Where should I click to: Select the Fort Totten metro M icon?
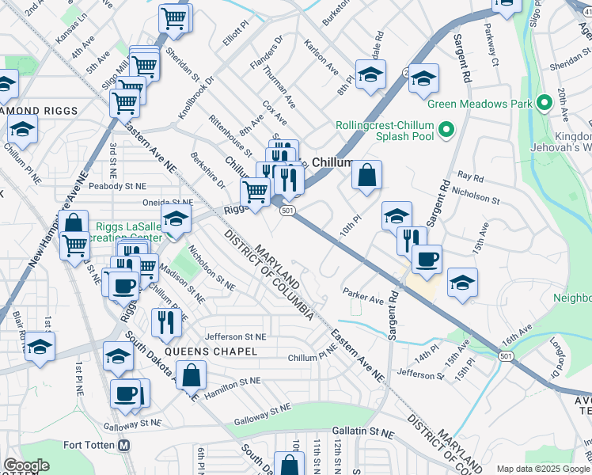(123, 445)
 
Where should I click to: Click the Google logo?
(26, 465)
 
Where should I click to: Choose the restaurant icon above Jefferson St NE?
(166, 322)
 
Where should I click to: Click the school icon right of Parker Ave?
(463, 283)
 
